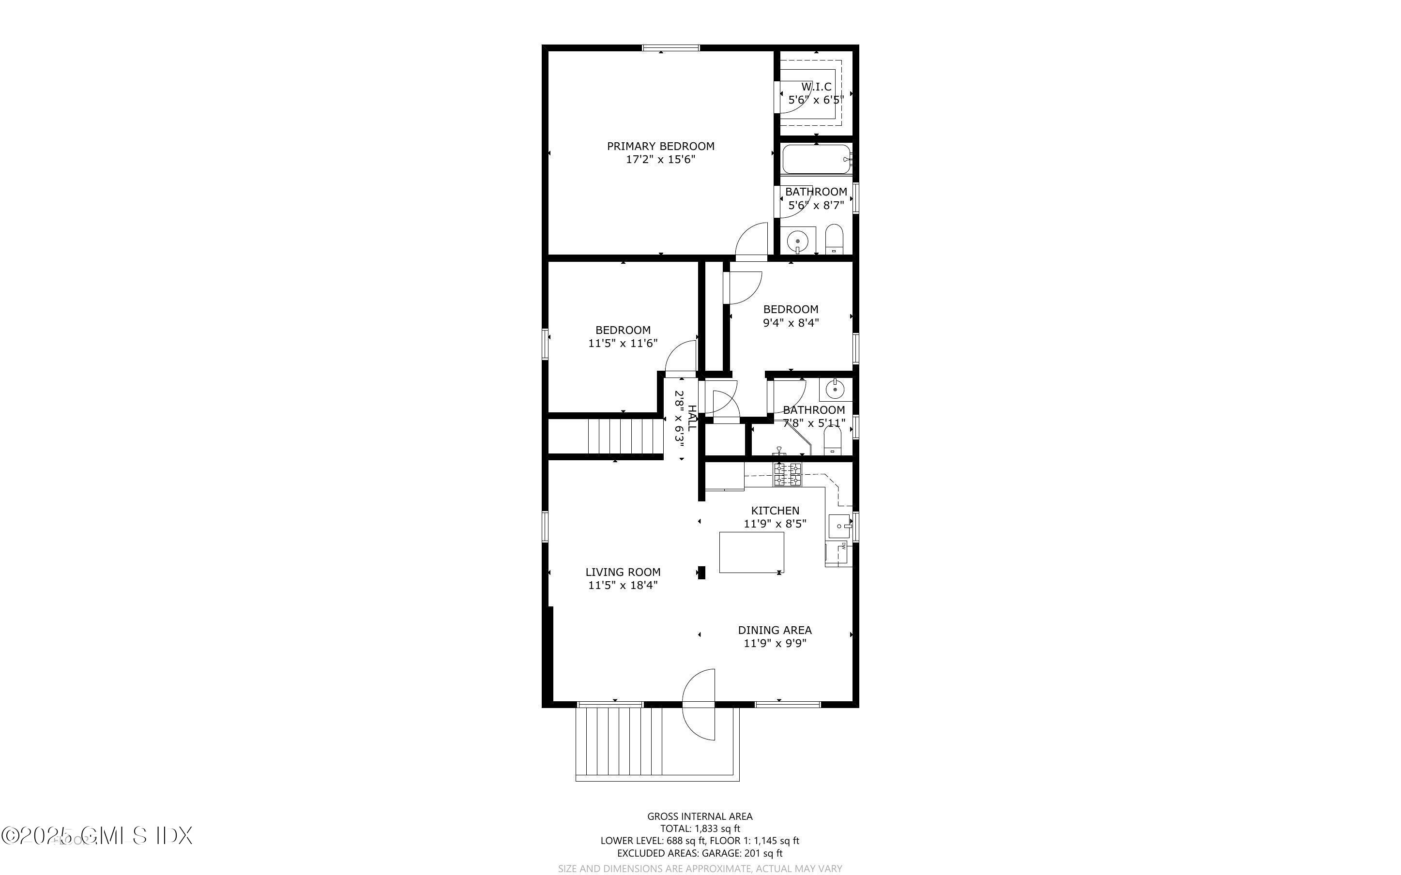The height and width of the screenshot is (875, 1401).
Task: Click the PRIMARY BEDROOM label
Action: point(660,146)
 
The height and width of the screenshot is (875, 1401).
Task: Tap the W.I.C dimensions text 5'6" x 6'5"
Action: point(816,100)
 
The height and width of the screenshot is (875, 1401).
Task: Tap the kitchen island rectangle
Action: point(751,552)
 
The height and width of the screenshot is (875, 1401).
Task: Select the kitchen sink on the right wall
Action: point(839,526)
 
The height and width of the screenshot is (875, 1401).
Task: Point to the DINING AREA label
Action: point(774,630)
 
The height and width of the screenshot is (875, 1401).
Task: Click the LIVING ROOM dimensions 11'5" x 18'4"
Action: point(623,585)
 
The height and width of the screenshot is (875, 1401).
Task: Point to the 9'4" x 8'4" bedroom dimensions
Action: point(791,323)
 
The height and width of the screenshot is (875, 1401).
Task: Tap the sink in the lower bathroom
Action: point(835,390)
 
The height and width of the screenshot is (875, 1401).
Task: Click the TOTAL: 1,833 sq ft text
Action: point(700,828)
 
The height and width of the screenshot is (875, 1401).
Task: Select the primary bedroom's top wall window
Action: point(670,48)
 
